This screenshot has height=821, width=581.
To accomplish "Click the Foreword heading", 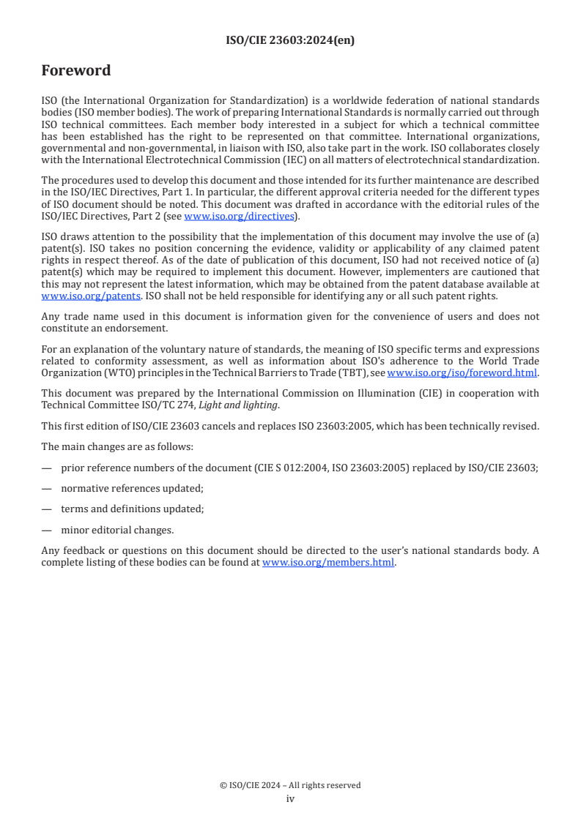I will [76, 71].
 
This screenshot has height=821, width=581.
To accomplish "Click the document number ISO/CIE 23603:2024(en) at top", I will [290, 41].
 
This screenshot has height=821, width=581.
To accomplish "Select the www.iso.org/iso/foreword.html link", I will [462, 372].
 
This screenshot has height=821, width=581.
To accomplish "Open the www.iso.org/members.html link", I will [328, 563].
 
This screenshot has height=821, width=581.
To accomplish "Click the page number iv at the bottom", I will [290, 798].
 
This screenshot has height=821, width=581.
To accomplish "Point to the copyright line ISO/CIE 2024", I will [290, 785].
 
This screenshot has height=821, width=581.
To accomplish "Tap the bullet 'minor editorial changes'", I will [117, 530].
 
